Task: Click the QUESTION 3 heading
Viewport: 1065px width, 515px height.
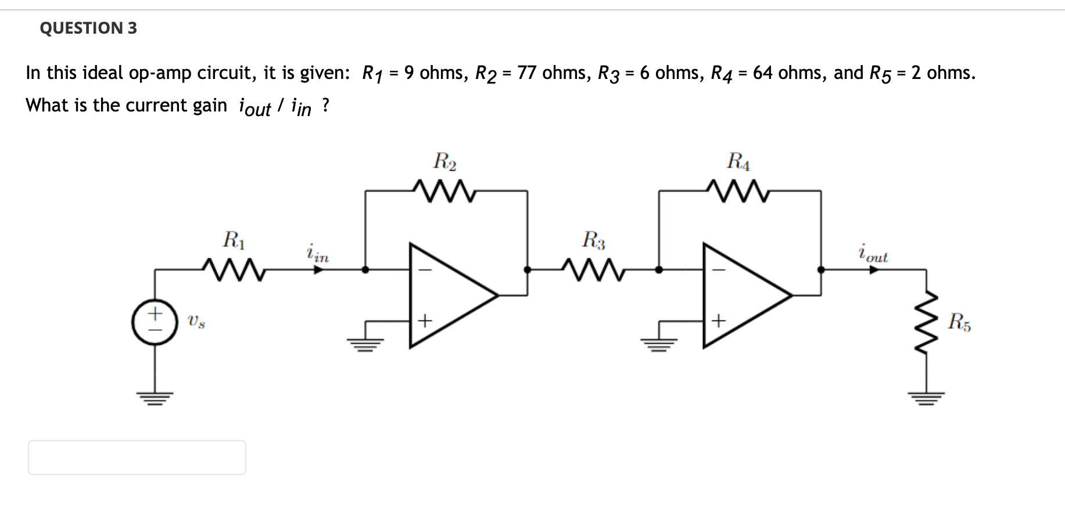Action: (88, 28)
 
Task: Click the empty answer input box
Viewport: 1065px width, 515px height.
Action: (137, 458)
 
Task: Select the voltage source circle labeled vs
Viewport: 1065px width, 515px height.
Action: (154, 322)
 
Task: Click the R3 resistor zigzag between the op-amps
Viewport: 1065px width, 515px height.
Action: (593, 269)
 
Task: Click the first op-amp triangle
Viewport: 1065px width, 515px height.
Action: (454, 296)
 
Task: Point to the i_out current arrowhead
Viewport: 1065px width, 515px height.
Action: (874, 269)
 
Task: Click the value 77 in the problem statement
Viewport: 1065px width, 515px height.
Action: (526, 73)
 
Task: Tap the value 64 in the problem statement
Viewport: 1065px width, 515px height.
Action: (763, 73)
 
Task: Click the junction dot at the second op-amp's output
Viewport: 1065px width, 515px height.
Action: (821, 269)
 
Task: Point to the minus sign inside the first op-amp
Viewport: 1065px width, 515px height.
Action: (425, 270)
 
